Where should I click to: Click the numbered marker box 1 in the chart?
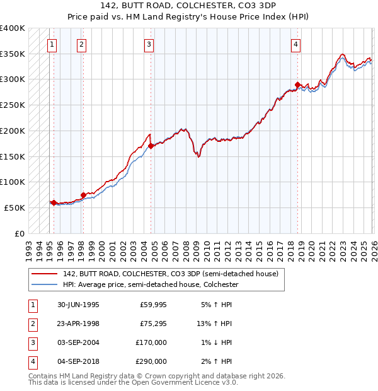[51, 44]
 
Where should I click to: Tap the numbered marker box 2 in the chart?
[82, 44]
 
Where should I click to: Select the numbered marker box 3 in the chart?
[149, 44]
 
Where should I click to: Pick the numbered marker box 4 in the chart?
[295, 44]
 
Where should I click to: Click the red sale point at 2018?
[298, 85]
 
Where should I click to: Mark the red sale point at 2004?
[151, 146]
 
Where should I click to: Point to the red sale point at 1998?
[84, 195]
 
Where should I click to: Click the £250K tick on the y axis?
[13, 105]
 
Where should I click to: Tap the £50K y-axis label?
[14, 207]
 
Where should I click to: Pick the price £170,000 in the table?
[151, 342]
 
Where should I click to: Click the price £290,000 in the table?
[151, 361]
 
